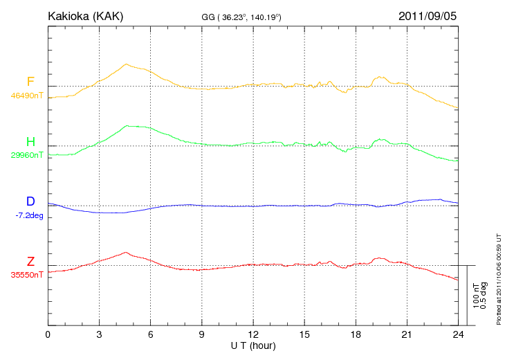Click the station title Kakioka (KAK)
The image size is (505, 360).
point(85,15)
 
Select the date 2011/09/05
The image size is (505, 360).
point(428,15)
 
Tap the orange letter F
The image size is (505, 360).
point(30,82)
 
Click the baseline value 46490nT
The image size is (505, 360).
point(26,96)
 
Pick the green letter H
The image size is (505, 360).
point(30,142)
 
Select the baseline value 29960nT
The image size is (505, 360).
point(26,155)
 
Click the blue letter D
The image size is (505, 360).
point(30,201)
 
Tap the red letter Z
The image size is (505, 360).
point(30,262)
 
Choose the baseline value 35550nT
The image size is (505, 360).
point(26,275)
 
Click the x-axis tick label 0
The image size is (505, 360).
point(48,334)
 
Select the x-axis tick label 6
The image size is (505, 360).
point(150,334)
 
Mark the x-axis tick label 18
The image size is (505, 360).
point(356,334)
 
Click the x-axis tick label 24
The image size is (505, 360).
point(458,334)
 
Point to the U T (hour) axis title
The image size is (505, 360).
point(253,345)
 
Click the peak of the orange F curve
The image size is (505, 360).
point(127,64)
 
